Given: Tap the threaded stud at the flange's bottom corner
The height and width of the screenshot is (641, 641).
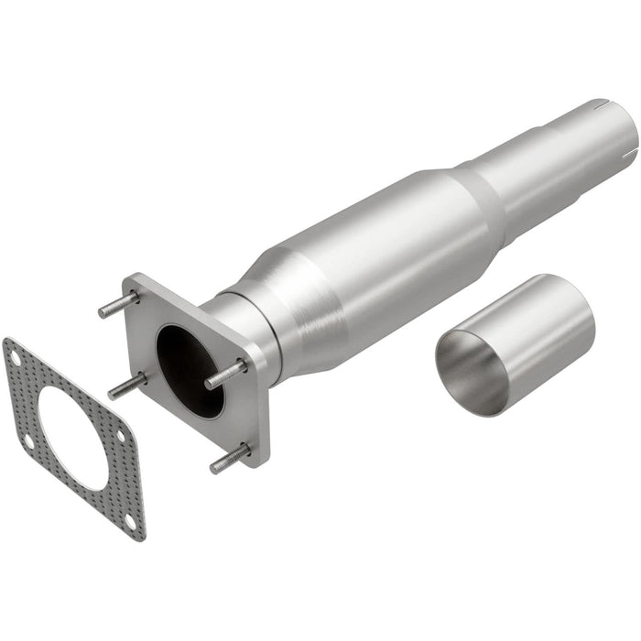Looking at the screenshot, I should [230, 457].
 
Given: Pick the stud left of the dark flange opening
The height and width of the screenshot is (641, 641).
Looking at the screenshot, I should [126, 386].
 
